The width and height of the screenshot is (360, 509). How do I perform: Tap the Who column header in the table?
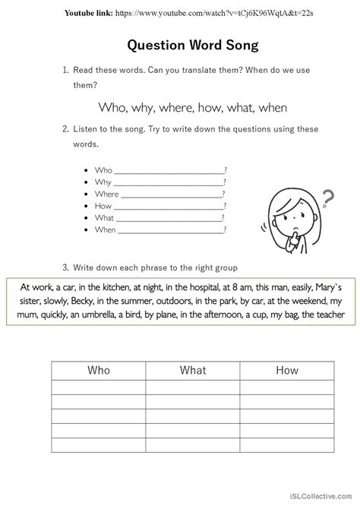99,370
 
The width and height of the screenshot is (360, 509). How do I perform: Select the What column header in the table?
193,370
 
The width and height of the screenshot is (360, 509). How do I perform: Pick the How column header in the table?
286,370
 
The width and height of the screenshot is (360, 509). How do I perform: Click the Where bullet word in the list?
106,194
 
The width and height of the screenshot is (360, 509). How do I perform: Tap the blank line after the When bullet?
171,229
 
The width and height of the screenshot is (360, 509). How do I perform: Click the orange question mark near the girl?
327,199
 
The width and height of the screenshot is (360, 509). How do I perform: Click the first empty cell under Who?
99,387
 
